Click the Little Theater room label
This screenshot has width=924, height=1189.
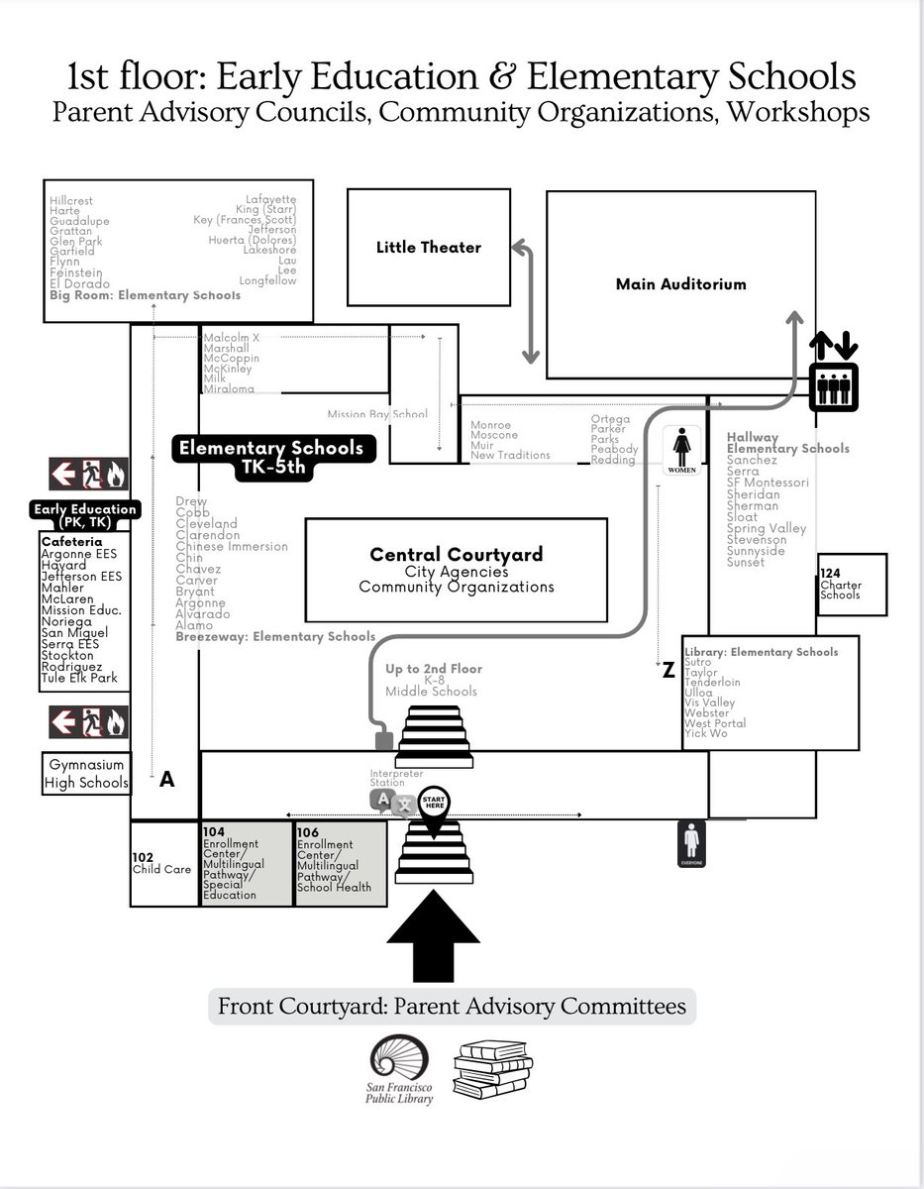(428, 247)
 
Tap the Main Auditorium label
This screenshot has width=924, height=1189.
(680, 284)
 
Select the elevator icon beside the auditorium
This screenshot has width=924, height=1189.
(833, 373)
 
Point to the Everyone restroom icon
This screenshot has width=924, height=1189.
(691, 845)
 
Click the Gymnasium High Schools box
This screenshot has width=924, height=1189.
(86, 774)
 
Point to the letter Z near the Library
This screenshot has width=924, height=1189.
(668, 672)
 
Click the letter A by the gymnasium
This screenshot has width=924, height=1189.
(166, 780)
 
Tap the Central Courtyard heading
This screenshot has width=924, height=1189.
(456, 555)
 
